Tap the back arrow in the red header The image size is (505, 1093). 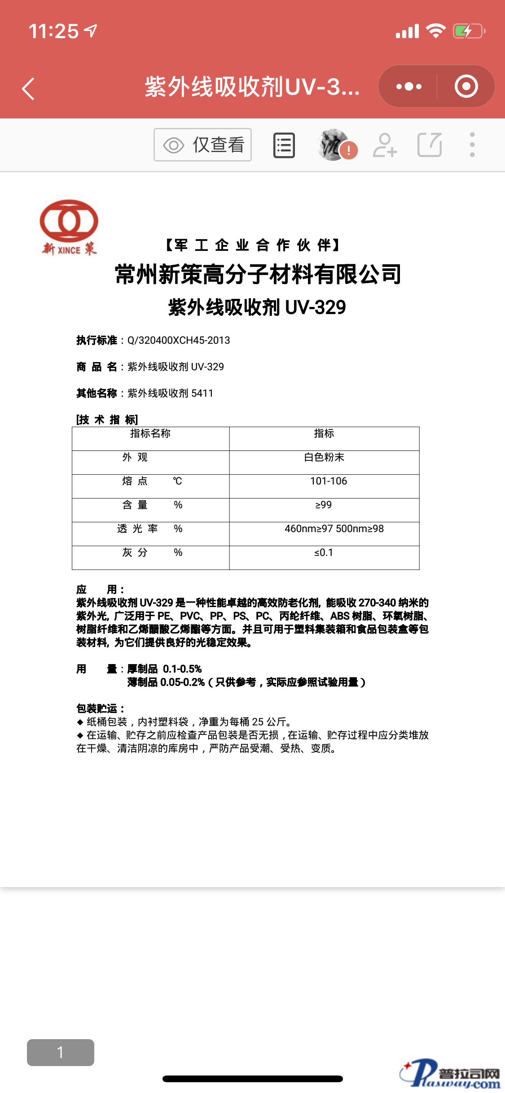pos(28,88)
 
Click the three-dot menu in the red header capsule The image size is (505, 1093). pos(408,86)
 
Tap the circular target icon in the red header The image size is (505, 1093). pos(466,86)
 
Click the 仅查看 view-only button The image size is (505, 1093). pos(202,145)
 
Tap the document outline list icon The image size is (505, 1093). pos(284,145)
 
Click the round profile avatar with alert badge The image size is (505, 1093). pos(335,145)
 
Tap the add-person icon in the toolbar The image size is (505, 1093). pos(385,145)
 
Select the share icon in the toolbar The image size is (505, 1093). pos(430,145)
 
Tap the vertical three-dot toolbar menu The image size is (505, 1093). pos(472,145)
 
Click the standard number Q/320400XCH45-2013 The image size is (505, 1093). pos(179,341)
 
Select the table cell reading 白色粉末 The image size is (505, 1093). pos(324,457)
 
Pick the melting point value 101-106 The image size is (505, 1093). pos(329,481)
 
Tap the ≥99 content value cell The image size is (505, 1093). pos(323,505)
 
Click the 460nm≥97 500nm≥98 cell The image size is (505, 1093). pos(334,529)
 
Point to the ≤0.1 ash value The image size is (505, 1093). pos(323,552)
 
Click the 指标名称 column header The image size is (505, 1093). pos(150,433)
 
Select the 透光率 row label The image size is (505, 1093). pos(137,529)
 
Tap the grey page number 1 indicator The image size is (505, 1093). pos(61,1052)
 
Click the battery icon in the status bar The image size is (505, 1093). pos(469,31)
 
